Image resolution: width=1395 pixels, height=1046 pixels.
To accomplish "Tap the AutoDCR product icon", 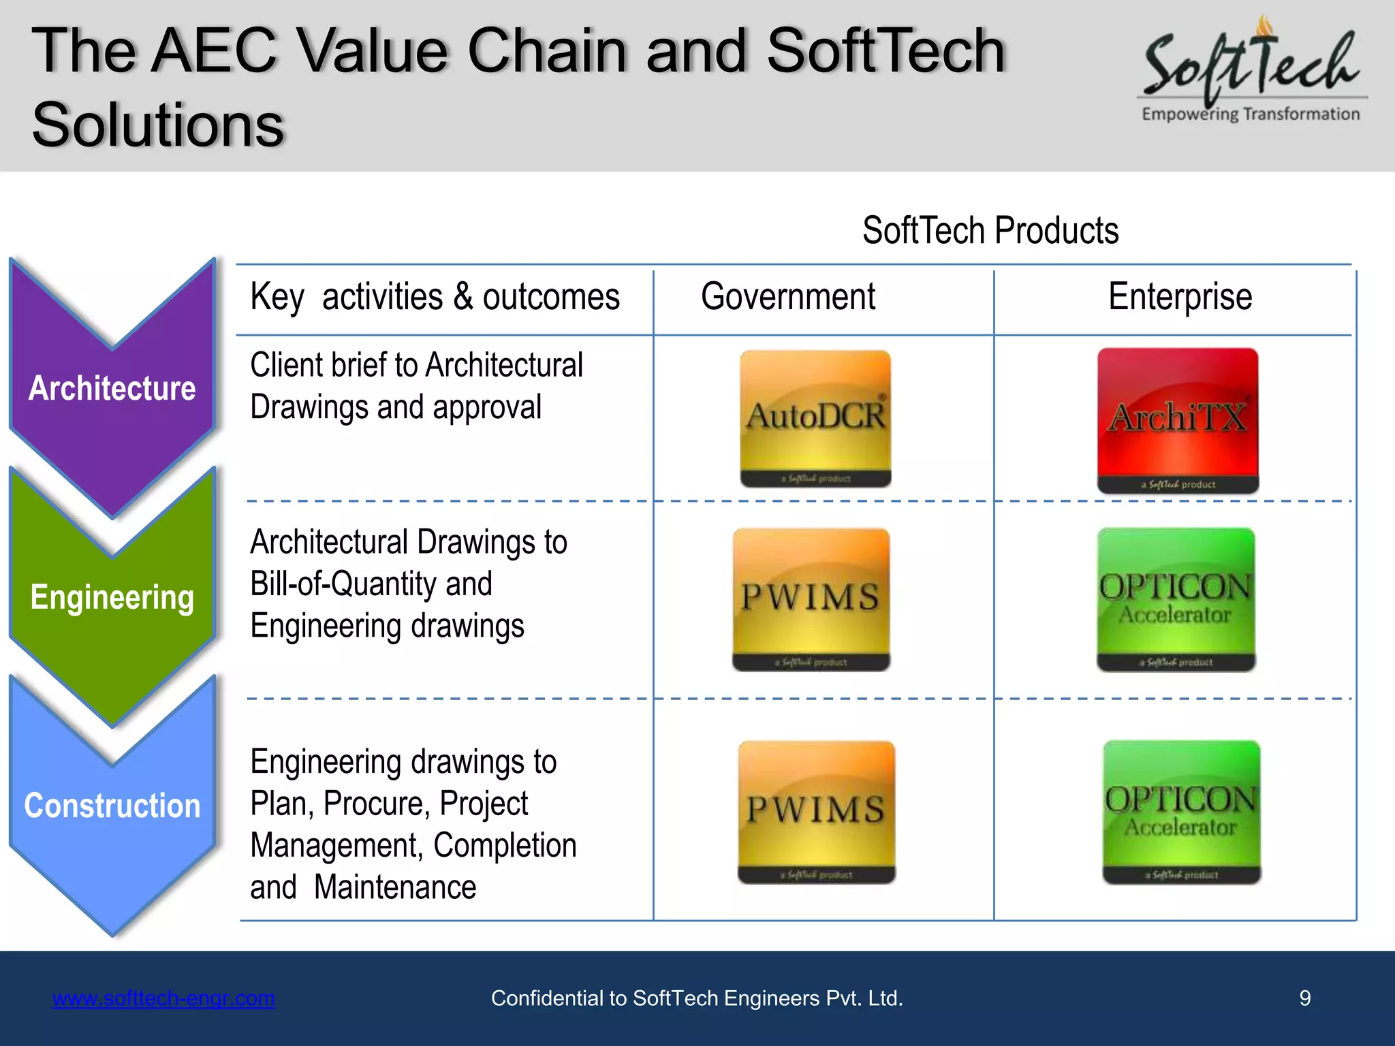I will click(x=815, y=418).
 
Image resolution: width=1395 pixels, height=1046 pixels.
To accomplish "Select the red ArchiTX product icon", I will click(x=1178, y=419).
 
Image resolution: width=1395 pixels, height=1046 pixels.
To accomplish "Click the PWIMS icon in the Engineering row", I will click(x=811, y=599).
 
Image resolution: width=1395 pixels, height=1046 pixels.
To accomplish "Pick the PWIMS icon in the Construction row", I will click(x=816, y=812).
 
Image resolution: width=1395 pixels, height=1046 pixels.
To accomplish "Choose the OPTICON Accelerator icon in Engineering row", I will click(x=1176, y=599).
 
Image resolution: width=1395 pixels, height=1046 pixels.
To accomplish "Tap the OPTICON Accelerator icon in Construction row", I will click(x=1181, y=812).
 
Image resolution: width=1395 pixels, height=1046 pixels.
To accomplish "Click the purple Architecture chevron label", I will click(x=112, y=388).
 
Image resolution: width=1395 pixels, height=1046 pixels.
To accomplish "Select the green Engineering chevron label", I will click(x=112, y=597).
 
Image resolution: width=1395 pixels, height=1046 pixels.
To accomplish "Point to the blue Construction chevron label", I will click(x=112, y=806).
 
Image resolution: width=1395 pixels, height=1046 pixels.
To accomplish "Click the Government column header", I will click(x=788, y=297).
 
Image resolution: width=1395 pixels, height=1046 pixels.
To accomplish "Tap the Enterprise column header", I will click(x=1180, y=297).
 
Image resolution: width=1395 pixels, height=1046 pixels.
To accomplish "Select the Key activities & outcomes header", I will click(x=435, y=297).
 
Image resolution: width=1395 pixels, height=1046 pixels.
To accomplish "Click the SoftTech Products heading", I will click(x=990, y=230).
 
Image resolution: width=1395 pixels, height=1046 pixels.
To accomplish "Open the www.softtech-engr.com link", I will click(x=163, y=998).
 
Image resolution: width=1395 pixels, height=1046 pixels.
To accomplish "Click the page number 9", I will click(x=1304, y=998).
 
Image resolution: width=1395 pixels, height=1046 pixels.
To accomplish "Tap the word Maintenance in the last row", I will click(x=395, y=887).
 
